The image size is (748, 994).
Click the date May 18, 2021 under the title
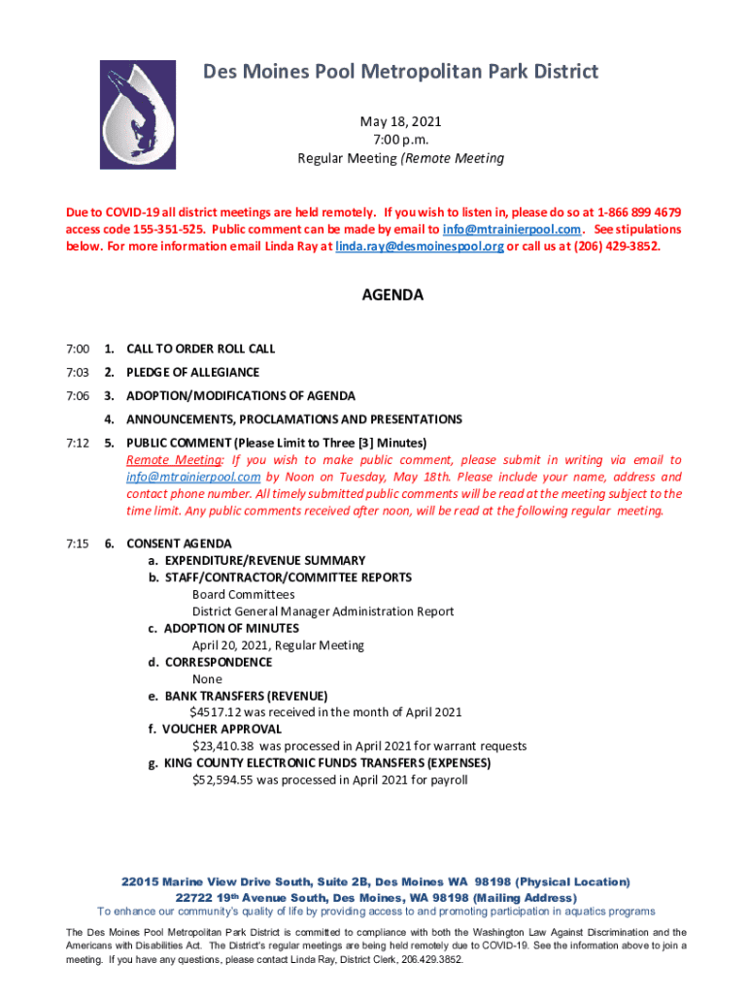400,121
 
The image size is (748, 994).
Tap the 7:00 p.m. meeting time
400,140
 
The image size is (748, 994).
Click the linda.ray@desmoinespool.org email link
420,247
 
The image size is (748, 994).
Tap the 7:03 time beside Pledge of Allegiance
79,373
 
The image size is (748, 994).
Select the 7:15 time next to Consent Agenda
79,544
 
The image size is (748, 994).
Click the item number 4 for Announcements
110,419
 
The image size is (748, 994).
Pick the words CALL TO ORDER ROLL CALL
200,348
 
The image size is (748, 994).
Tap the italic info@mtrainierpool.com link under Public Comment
193,478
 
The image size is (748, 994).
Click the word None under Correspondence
207,679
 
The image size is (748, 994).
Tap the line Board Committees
243,594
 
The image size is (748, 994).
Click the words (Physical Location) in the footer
572,882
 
